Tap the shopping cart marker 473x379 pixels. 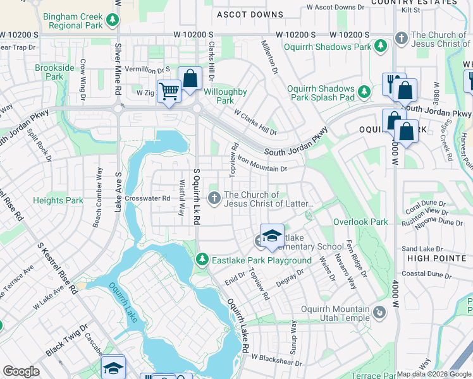tap(169, 92)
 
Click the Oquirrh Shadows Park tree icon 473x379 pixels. tap(381, 46)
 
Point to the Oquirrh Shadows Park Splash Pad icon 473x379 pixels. tap(364, 92)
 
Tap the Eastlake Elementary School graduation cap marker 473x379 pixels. tap(272, 236)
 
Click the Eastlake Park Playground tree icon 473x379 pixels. tap(202, 259)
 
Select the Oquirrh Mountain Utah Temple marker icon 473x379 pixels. tap(379, 312)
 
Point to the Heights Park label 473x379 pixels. tap(58, 201)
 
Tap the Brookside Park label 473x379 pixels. tap(49, 72)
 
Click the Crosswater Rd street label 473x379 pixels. tap(148, 198)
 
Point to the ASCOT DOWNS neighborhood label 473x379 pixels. tap(250, 14)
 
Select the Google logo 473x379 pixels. tap(21, 371)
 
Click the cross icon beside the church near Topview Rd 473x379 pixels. tap(214, 199)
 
